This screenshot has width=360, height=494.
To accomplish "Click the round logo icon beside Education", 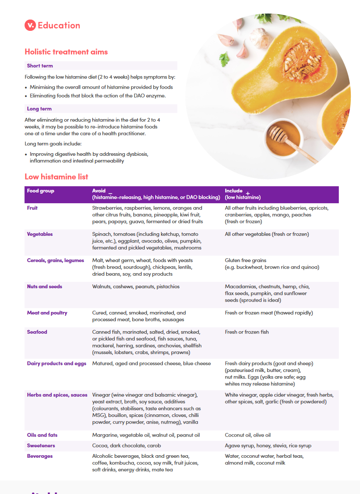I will pos(30,25).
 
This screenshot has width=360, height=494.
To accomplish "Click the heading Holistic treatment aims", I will pos(66,52).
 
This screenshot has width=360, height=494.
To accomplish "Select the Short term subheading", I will pos(40,66).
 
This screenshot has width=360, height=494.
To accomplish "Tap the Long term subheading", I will pos(39,109).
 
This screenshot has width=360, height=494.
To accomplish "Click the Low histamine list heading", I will pos(56,177).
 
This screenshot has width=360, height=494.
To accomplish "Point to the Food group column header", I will pos(40,191).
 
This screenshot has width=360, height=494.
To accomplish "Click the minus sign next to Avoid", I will pos(110,193).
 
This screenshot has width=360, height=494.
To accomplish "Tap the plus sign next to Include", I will pos(248,193).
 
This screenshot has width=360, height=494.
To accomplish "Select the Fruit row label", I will pos(32,208).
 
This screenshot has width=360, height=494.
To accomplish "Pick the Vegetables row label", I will pos(40,234).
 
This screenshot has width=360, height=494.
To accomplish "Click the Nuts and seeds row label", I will pos(44,287).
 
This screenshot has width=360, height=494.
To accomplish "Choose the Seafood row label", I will pos(37,332).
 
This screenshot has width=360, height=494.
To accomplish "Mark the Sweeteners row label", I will pos(41,446).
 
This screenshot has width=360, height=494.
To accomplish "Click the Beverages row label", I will pos(40,456).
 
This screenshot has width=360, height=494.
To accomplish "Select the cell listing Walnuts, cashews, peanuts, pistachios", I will pos(136,287).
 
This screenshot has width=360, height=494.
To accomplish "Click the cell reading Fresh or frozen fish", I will pos(247,332).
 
